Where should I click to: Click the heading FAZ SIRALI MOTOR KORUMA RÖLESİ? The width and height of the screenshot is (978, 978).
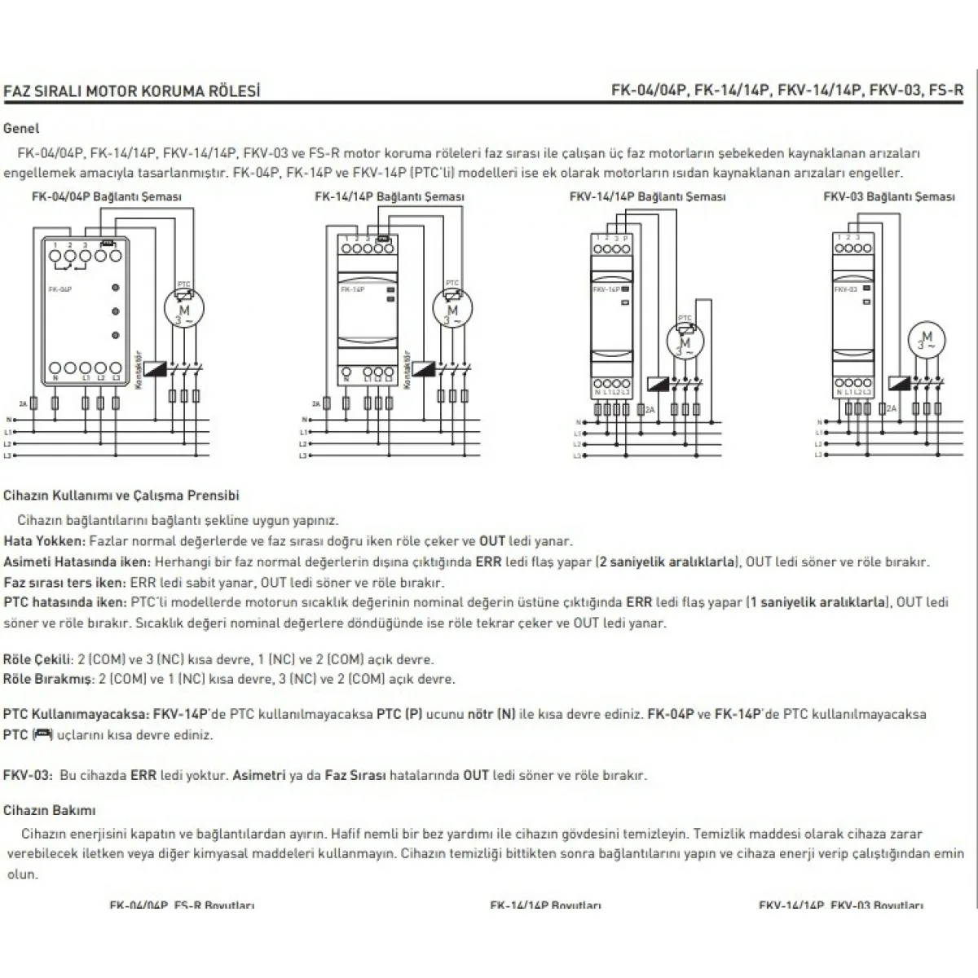pos(132,90)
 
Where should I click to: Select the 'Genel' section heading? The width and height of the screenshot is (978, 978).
pos(21,128)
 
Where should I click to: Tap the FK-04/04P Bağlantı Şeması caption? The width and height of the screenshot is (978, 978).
pos(107,196)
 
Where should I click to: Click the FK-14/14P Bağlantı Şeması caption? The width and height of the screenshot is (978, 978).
pos(390,196)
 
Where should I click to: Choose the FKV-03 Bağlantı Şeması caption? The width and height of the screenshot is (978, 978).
pos(888,196)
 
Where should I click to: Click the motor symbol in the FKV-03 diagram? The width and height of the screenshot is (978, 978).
pos(926,341)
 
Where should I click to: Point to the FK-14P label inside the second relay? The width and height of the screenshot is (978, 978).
pos(351,289)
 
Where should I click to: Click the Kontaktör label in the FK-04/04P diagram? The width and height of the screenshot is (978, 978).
pos(139,371)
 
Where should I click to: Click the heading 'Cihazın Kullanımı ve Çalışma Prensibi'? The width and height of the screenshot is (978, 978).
pos(121,495)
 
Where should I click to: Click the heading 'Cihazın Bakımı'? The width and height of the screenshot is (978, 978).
pos(50,810)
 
